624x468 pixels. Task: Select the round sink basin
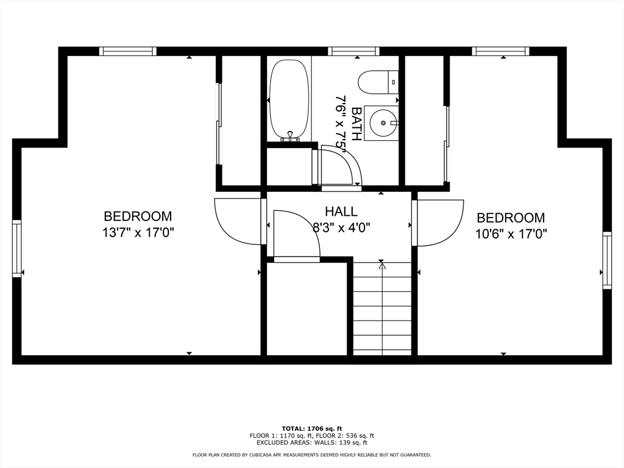click(383, 122)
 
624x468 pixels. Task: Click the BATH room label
click(356, 124)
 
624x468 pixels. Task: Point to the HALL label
click(341, 211)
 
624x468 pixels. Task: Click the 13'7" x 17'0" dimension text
click(138, 232)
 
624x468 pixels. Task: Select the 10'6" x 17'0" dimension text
click(511, 233)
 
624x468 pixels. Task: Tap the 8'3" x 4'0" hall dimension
click(342, 228)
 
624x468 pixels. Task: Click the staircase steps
click(382, 308)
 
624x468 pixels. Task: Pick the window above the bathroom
click(354, 51)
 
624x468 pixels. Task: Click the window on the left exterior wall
click(16, 249)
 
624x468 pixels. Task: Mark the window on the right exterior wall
click(607, 260)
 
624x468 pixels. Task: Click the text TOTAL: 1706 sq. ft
click(312, 428)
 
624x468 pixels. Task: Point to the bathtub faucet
click(290, 136)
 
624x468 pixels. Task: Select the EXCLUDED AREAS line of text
click(312, 442)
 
